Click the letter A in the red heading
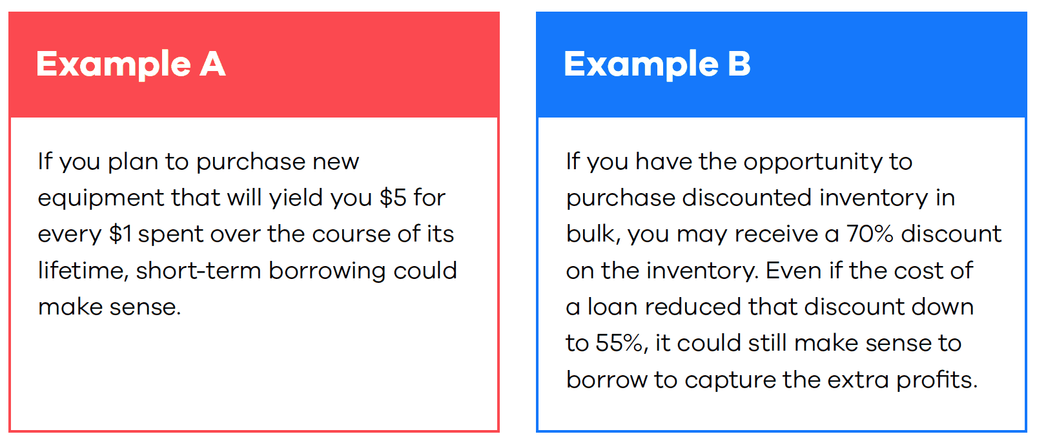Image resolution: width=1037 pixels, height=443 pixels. [x=212, y=63]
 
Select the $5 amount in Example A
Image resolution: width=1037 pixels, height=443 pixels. [x=393, y=198]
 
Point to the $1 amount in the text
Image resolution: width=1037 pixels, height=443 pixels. [x=120, y=234]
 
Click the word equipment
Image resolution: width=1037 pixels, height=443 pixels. [x=101, y=199]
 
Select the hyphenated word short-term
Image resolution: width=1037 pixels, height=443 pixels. [x=199, y=271]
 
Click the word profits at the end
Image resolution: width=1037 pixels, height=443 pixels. [x=936, y=381]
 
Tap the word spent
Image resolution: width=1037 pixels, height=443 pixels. [x=170, y=235]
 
